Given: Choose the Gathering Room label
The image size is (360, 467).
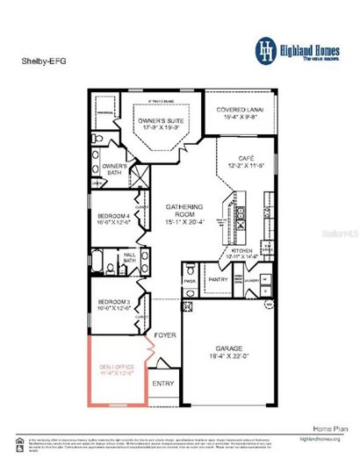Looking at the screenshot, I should pyautogui.click(x=184, y=211).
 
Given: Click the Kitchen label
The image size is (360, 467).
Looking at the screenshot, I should pyautogui.click(x=242, y=250).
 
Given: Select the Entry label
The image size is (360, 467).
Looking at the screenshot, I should pyautogui.click(x=163, y=383).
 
